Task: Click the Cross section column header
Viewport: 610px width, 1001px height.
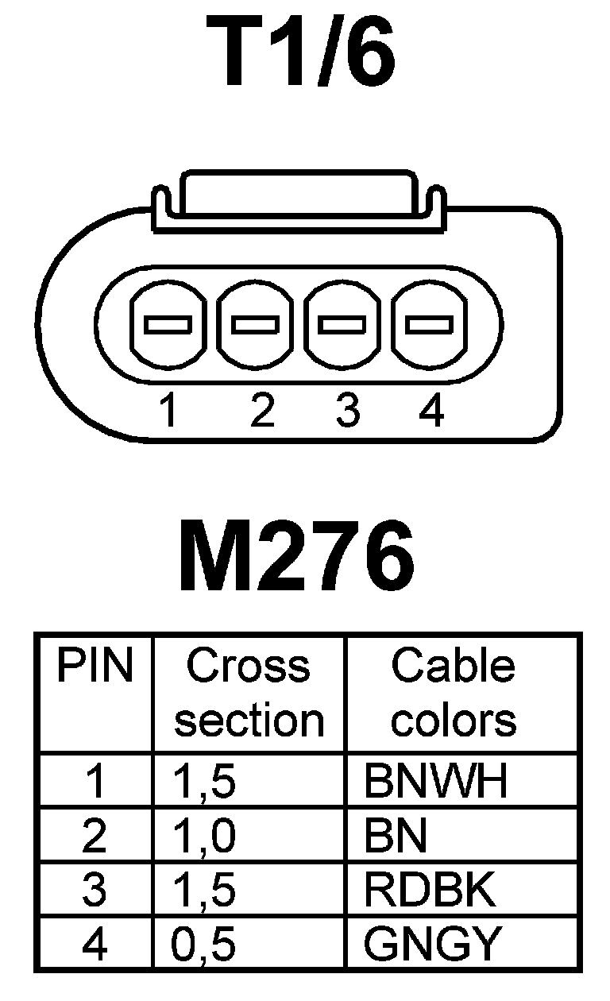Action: [249, 693]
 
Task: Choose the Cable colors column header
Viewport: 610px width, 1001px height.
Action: [454, 693]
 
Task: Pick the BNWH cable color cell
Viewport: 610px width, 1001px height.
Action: [435, 782]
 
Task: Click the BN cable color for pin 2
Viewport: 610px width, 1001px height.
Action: [396, 836]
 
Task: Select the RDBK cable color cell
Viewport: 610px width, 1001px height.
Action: [430, 891]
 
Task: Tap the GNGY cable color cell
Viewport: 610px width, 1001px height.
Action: [434, 945]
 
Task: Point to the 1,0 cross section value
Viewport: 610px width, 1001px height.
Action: [204, 837]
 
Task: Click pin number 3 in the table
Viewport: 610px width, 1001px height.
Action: [94, 891]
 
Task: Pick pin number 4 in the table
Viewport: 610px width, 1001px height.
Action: [94, 945]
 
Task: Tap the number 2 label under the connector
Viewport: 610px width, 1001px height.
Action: [261, 411]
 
